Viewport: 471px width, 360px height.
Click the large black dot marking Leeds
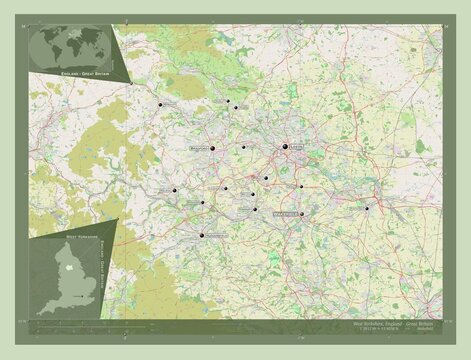point(285,149)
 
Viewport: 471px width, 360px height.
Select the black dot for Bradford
point(213,149)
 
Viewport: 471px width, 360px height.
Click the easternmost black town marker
point(367,208)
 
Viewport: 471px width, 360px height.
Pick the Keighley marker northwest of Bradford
point(160,104)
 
